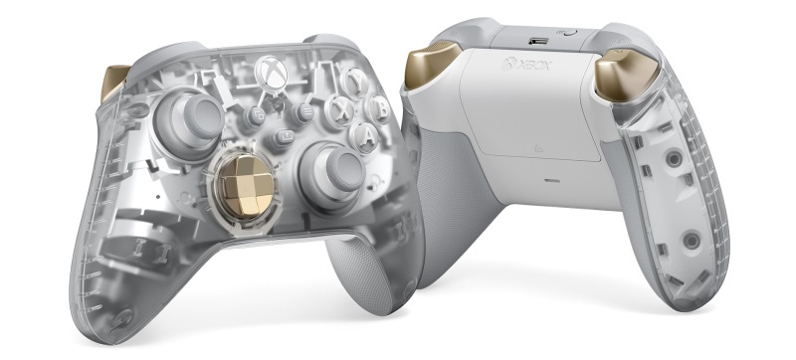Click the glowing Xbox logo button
(x=271, y=72)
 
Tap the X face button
(x=339, y=110)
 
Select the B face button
(x=378, y=109)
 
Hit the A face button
(x=365, y=136)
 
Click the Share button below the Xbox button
(x=284, y=137)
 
